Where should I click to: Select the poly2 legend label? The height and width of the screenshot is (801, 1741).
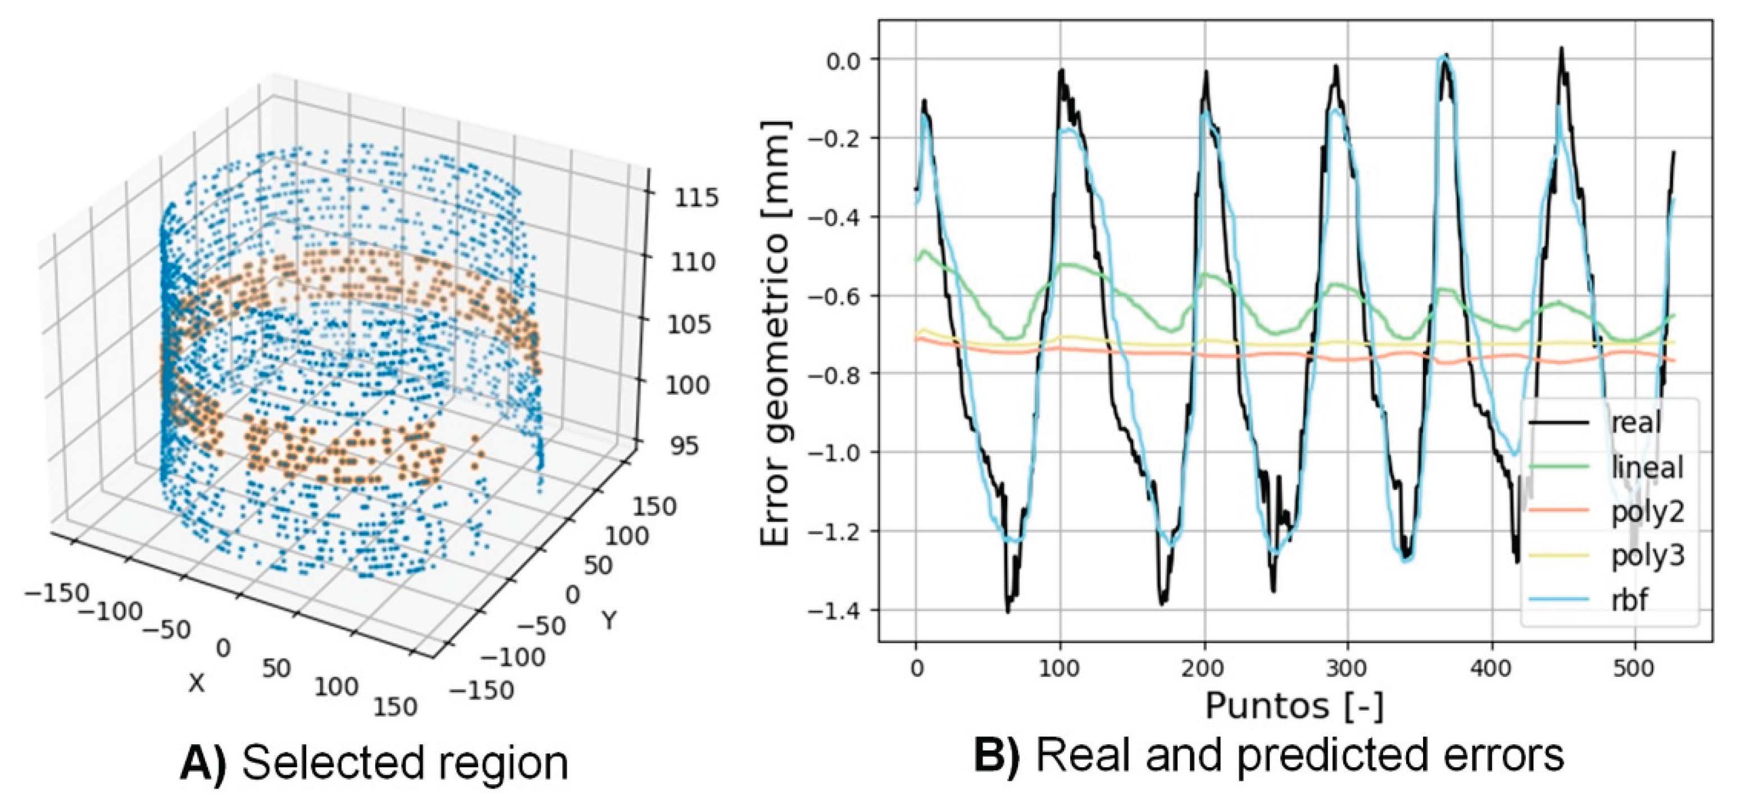tap(1647, 512)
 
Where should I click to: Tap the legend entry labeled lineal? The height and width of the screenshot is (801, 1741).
tap(1647, 467)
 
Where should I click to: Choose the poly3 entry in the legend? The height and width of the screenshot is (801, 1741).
tap(1647, 556)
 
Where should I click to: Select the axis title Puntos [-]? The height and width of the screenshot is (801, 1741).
tap(1294, 707)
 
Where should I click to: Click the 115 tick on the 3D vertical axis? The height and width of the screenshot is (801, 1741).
tap(695, 198)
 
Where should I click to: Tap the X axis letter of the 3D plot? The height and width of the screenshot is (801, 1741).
tap(196, 684)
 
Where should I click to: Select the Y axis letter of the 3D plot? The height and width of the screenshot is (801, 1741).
tap(610, 619)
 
